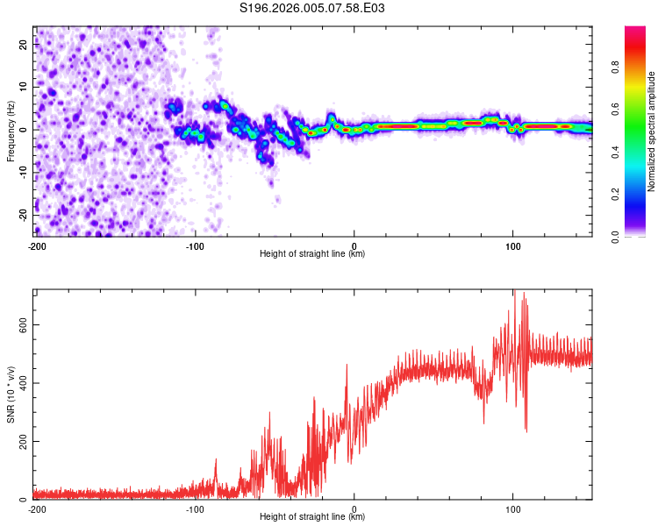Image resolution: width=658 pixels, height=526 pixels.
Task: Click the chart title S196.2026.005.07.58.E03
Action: [313, 8]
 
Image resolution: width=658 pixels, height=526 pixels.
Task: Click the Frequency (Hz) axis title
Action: [11, 130]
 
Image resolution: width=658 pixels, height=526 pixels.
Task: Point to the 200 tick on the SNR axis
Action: [23, 441]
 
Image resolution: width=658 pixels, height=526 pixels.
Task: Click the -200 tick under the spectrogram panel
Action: [36, 245]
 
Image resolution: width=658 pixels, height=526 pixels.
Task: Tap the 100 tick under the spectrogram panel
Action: [513, 245]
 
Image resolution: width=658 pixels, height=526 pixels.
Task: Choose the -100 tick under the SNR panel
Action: [195, 508]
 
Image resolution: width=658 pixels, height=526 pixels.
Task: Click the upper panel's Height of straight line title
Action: [312, 254]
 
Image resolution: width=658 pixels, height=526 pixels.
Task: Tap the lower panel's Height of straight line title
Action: [312, 517]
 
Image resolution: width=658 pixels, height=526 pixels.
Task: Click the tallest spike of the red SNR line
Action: [515, 291]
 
